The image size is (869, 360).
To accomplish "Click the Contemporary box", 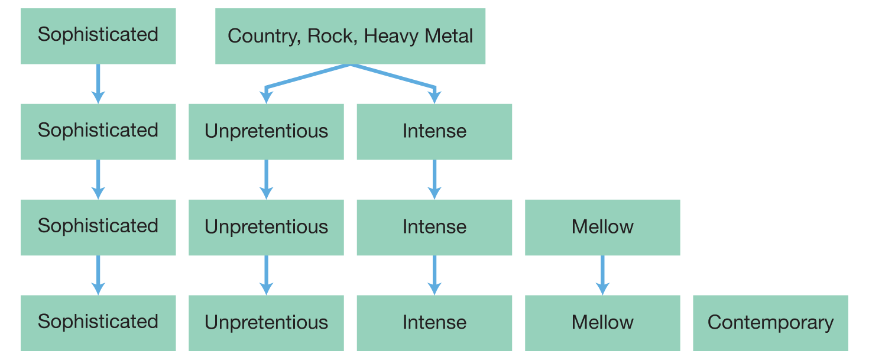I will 770,323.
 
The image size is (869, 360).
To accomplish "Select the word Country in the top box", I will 258,36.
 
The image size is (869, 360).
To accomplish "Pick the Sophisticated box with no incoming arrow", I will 98,35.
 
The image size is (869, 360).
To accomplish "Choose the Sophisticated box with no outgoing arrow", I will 98,323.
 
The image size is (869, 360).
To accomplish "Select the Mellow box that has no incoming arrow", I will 602,227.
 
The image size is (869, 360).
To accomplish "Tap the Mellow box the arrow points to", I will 602,323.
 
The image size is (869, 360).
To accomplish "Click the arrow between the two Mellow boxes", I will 602,275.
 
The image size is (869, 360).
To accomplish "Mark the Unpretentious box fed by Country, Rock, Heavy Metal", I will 266,131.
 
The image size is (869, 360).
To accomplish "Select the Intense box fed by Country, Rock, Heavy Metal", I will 434,131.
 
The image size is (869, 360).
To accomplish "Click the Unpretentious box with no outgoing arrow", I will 266,323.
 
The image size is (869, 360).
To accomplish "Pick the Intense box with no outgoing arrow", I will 434,323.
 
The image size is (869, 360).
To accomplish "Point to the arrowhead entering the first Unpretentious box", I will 266,98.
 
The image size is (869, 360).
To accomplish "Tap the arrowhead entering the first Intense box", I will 434,98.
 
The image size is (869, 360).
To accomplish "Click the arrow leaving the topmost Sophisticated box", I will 98,83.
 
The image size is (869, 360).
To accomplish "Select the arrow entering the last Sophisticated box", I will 98,275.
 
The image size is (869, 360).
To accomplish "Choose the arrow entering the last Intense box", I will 434,275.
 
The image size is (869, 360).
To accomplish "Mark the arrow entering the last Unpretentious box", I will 266,275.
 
